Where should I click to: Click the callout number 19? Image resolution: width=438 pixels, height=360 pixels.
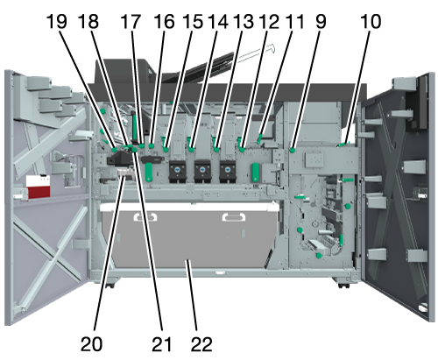[57, 22]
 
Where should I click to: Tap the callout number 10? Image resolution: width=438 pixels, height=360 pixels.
[371, 22]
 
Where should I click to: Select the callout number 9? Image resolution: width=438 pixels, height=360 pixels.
[321, 22]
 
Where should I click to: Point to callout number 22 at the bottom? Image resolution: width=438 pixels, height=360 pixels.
[201, 344]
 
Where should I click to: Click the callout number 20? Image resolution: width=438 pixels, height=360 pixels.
[91, 344]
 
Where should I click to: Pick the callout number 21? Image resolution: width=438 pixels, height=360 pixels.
[161, 344]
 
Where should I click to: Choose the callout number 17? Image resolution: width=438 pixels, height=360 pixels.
[131, 22]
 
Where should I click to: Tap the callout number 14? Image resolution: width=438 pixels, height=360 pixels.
[218, 22]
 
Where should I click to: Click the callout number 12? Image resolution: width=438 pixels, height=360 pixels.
[269, 22]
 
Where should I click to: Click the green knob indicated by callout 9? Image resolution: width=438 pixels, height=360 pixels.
[292, 151]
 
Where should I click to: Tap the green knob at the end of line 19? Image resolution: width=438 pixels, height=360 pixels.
[114, 150]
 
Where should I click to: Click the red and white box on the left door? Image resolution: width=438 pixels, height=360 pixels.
[38, 186]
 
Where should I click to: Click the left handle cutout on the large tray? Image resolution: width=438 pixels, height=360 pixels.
[145, 217]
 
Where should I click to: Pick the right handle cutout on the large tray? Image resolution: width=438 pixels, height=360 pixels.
[234, 217]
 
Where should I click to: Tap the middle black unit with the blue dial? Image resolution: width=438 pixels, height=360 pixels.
[202, 172]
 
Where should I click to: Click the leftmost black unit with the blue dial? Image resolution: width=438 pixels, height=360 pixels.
[177, 172]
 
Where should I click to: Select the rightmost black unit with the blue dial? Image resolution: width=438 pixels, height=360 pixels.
[228, 172]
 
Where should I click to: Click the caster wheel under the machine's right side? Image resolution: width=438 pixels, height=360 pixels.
[343, 285]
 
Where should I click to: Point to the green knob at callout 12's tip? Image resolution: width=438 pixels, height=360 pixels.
[242, 150]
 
